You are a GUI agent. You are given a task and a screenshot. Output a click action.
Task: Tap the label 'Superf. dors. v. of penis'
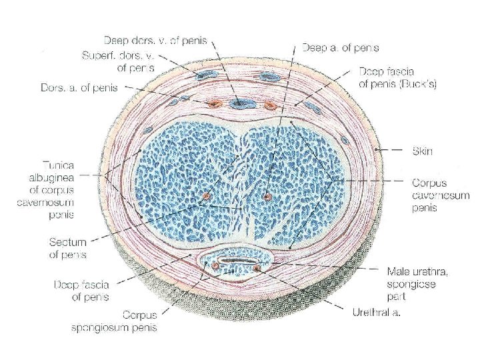[x=117, y=62]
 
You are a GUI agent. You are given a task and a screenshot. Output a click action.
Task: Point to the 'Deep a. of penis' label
[x=341, y=47]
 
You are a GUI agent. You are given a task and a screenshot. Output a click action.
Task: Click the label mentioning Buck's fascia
[x=397, y=80]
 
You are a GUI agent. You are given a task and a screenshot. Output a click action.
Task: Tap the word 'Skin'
[x=421, y=151]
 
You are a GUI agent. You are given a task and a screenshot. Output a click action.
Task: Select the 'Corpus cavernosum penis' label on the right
[x=440, y=194]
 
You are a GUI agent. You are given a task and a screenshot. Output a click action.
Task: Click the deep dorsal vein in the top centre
[x=239, y=103]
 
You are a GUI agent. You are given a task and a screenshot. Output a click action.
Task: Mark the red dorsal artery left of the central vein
[x=214, y=104]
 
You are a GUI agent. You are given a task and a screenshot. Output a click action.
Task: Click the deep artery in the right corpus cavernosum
[x=267, y=197]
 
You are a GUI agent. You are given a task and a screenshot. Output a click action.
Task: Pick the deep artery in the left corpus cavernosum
[x=205, y=197]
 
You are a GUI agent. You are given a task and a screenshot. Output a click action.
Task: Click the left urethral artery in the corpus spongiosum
[x=216, y=267]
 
